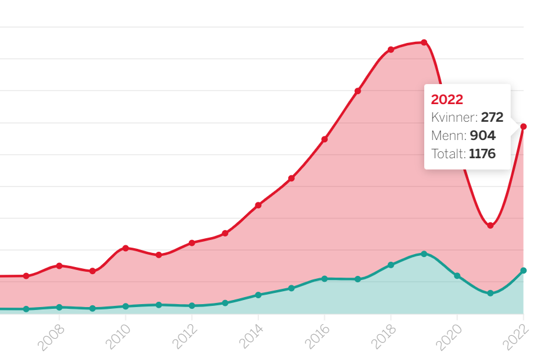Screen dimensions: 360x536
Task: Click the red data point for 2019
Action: click(x=424, y=42)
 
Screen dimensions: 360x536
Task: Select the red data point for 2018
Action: click(x=391, y=49)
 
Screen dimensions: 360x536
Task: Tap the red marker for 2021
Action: click(x=490, y=226)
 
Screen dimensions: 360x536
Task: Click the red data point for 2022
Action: click(x=523, y=126)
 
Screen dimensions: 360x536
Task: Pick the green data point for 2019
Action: click(x=424, y=254)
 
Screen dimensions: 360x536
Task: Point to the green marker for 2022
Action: click(x=523, y=271)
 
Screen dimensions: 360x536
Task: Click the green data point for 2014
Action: click(x=258, y=295)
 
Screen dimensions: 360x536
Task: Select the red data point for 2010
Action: click(x=125, y=248)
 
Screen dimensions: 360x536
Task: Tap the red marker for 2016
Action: click(x=324, y=139)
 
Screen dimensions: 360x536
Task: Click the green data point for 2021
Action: click(x=490, y=293)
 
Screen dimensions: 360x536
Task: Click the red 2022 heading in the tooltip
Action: click(x=447, y=99)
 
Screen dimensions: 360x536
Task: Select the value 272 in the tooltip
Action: click(x=492, y=118)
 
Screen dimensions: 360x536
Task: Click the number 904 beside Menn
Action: click(x=482, y=136)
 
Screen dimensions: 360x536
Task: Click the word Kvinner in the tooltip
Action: click(x=454, y=118)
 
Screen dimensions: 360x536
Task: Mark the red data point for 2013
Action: click(x=225, y=234)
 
